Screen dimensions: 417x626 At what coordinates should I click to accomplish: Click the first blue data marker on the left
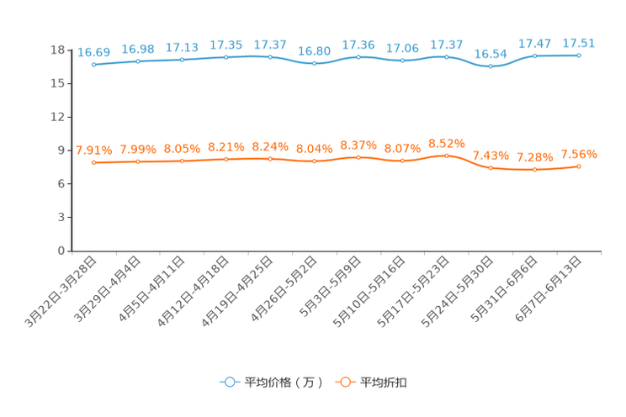click(x=93, y=64)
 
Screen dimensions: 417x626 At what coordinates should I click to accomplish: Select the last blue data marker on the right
click(x=579, y=55)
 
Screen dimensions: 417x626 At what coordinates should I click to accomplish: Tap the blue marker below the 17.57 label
click(x=270, y=56)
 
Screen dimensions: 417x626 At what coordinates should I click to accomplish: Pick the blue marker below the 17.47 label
click(x=534, y=55)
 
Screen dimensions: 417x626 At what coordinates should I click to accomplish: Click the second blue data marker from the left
click(x=138, y=61)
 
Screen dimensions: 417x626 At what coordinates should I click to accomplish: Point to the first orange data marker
click(x=93, y=162)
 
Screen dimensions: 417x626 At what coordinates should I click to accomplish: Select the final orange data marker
click(x=579, y=166)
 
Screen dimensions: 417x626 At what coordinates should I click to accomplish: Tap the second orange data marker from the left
click(x=138, y=161)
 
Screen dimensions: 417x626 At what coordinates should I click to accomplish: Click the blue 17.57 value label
click(x=270, y=44)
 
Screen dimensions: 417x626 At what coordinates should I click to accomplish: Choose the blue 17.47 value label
click(x=534, y=42)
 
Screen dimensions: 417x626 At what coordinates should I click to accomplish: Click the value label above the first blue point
click(x=93, y=52)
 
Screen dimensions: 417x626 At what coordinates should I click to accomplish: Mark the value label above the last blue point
click(x=579, y=43)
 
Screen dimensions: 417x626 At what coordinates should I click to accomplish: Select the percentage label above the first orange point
click(x=93, y=150)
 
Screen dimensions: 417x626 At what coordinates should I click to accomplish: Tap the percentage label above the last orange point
click(x=579, y=154)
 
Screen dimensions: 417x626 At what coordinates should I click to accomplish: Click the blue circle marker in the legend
click(x=228, y=382)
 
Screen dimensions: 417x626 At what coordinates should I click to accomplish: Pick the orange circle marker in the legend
click(x=343, y=382)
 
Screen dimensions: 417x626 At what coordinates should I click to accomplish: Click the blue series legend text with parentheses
click(x=284, y=383)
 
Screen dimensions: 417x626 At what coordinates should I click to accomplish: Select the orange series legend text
click(x=385, y=383)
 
